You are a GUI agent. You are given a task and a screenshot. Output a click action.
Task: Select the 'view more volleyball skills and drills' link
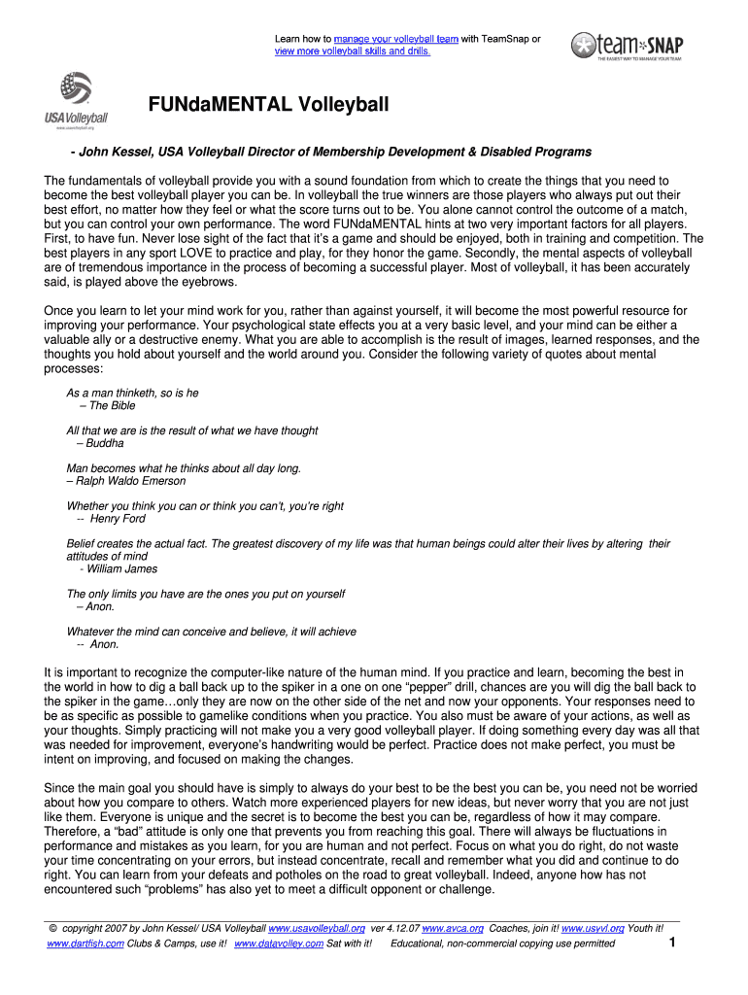[x=352, y=51]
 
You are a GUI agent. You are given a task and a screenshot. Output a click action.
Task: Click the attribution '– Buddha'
[x=99, y=443]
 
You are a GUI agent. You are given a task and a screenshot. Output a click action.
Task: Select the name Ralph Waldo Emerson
[x=130, y=481]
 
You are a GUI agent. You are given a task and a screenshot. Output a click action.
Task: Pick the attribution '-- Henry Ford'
[x=110, y=519]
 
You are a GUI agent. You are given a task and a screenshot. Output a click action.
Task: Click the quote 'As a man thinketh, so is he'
[x=132, y=394]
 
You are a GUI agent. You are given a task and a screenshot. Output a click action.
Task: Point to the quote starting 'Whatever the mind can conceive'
[x=211, y=632]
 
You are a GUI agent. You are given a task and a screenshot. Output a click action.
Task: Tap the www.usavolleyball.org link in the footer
[x=317, y=929]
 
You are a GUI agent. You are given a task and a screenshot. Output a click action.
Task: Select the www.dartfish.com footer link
[x=85, y=944]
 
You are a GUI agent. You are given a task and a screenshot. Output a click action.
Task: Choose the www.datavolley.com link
[x=279, y=944]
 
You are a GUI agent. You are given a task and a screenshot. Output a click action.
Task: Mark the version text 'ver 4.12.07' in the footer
[x=394, y=929]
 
